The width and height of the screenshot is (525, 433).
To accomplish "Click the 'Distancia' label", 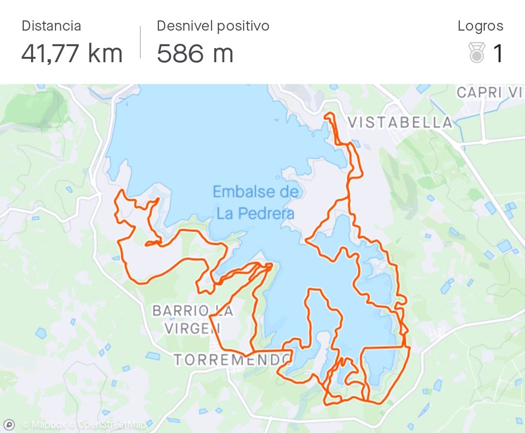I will click(51, 26).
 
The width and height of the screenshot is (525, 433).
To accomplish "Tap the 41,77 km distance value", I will click(71, 53).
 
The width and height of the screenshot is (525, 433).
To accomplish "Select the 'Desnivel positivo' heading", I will click(213, 26).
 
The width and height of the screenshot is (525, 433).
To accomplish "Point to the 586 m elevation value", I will click(195, 53).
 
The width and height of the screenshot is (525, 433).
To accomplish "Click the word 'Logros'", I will click(480, 26).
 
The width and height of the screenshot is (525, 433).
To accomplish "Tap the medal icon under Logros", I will click(477, 53).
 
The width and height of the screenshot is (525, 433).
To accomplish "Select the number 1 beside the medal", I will click(498, 53).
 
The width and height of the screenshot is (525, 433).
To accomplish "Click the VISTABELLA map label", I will click(400, 122).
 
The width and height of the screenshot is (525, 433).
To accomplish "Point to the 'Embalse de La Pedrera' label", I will click(255, 202).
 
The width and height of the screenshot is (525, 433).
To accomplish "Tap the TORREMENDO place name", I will click(232, 360).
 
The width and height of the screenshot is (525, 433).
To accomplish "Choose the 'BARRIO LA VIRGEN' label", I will click(192, 319).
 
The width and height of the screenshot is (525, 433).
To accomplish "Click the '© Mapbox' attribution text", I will click(44, 424).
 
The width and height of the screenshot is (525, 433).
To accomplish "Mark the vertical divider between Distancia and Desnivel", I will click(140, 42).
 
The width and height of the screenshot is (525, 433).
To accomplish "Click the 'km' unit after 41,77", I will click(105, 53).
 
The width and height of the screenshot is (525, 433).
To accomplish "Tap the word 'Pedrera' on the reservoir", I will click(270, 213).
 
